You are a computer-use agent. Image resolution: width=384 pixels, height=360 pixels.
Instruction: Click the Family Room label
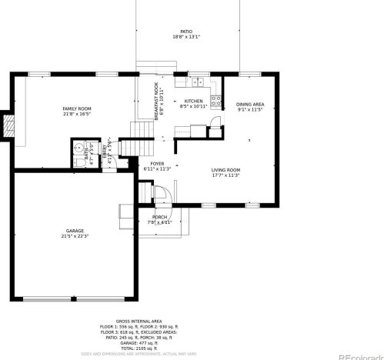coord(77,108)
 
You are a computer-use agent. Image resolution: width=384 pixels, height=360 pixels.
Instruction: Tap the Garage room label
coord(75,231)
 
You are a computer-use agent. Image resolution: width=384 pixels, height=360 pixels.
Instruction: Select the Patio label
coord(186,32)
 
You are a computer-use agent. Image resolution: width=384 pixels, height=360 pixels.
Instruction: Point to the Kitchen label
coord(193,101)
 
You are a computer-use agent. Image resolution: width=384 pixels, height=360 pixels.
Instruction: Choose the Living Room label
coord(226,170)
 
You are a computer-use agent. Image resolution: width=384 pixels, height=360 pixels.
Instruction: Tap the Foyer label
coord(158,164)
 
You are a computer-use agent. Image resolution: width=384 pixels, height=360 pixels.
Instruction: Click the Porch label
coord(159,217)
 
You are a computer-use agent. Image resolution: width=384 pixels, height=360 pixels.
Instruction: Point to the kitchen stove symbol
coord(217,99)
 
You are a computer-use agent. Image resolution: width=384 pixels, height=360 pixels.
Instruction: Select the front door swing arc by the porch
coord(162,195)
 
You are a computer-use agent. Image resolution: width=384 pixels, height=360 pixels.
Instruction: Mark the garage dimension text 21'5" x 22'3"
coord(75,236)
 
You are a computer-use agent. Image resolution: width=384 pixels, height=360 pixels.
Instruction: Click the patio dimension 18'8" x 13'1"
coord(186,37)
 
